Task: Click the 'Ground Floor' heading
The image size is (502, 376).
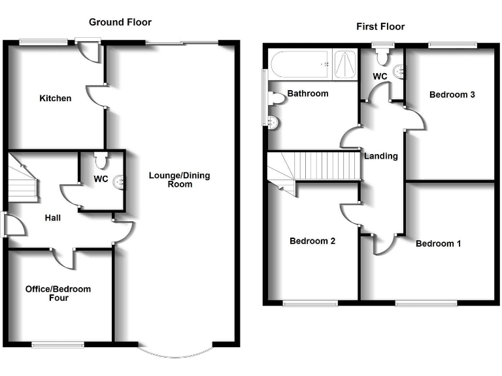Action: (x=120, y=22)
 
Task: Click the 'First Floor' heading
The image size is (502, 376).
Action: (x=380, y=27)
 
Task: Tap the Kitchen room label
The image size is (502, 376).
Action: (x=56, y=99)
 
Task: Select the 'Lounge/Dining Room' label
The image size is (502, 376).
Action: (x=180, y=180)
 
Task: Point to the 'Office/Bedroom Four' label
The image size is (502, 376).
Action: (x=58, y=294)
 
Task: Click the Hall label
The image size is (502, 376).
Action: (x=53, y=217)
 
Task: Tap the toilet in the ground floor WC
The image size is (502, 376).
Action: (x=100, y=159)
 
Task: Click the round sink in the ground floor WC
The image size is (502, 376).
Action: (x=119, y=182)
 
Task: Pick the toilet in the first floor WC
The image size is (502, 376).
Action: (x=382, y=58)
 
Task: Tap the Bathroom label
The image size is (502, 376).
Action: (x=308, y=94)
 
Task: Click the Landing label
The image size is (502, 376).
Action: (x=381, y=156)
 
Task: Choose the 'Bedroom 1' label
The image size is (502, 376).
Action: (x=439, y=243)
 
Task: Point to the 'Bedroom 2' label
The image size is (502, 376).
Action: (x=312, y=241)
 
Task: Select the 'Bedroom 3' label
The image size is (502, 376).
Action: (x=452, y=95)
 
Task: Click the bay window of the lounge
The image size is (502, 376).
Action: (x=177, y=352)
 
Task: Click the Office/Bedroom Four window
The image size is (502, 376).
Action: (x=58, y=344)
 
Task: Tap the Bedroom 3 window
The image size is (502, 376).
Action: (x=452, y=44)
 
